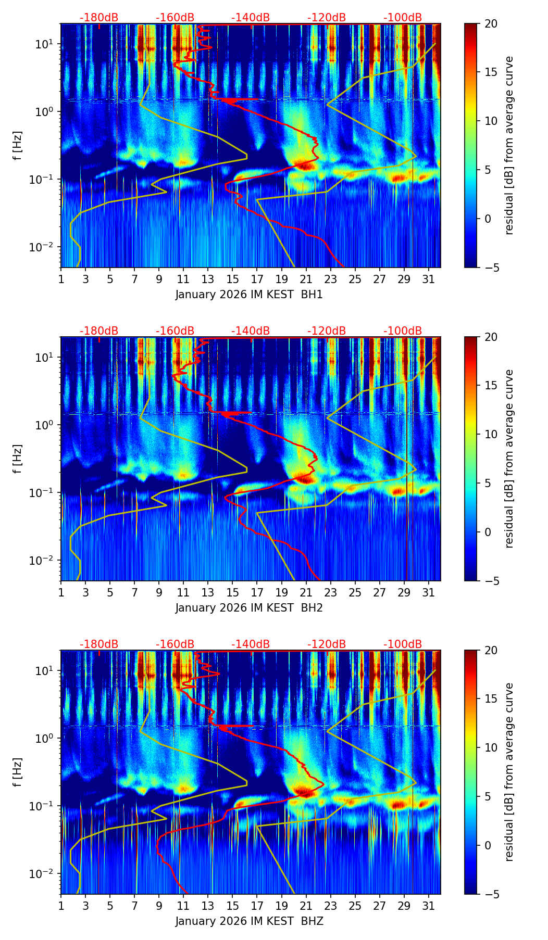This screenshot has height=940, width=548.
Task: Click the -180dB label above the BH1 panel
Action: (x=99, y=18)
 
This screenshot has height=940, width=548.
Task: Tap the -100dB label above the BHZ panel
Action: (x=403, y=644)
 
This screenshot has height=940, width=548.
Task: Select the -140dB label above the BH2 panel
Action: (x=251, y=331)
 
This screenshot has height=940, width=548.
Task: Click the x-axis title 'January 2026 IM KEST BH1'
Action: (x=249, y=295)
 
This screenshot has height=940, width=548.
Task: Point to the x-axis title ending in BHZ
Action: (x=249, y=921)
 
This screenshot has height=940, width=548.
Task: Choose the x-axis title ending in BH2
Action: (x=249, y=608)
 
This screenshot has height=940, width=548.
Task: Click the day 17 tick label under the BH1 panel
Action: (x=257, y=280)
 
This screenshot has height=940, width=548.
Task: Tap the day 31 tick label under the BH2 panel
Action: (x=428, y=593)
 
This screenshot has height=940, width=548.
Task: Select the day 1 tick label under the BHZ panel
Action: (x=61, y=906)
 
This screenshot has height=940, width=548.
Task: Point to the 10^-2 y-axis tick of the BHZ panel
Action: (x=44, y=873)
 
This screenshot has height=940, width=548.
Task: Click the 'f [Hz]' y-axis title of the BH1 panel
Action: (x=18, y=146)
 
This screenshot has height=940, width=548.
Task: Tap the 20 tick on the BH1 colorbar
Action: (x=491, y=24)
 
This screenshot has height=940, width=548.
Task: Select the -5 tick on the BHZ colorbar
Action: (x=491, y=894)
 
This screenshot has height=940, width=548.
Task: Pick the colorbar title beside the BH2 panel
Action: (x=509, y=459)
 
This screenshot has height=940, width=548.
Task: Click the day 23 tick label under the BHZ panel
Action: (x=330, y=906)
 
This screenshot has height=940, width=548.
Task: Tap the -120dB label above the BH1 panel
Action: (x=327, y=18)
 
